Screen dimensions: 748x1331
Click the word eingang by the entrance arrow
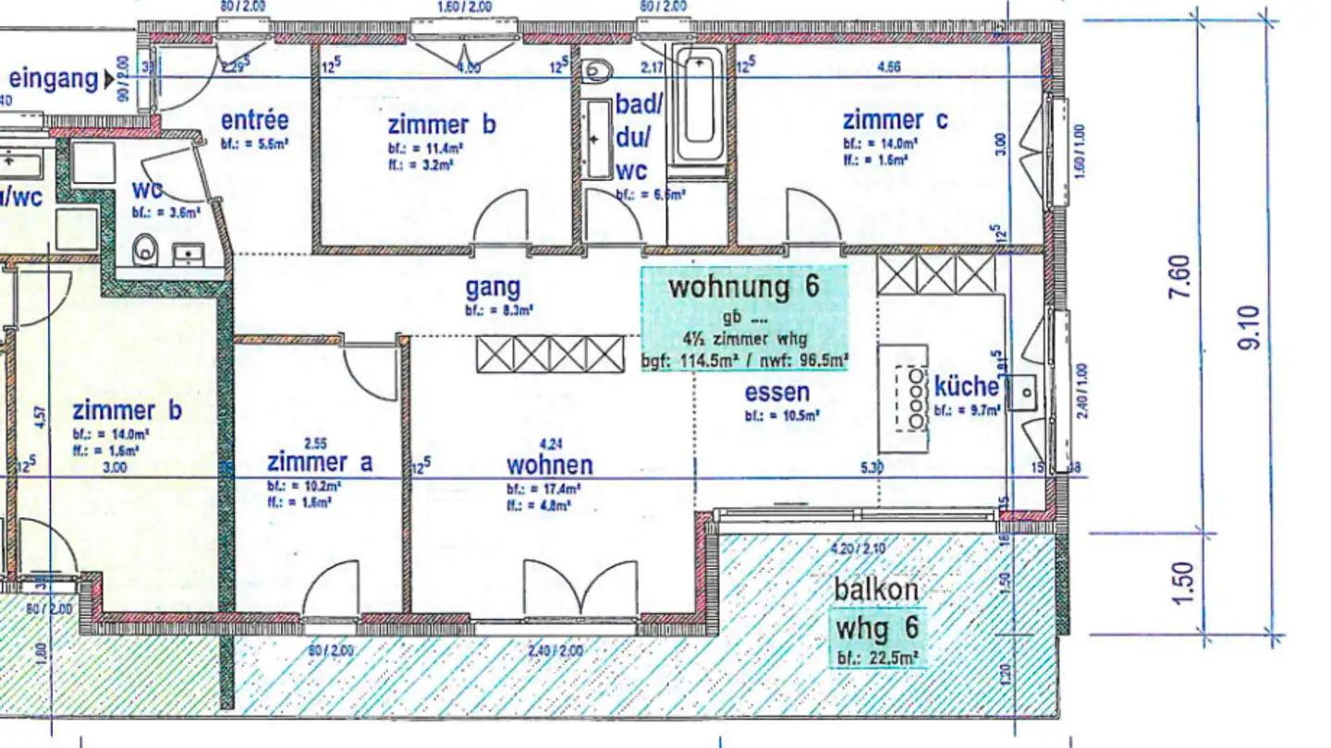[54, 78]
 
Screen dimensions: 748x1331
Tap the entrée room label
[254, 121]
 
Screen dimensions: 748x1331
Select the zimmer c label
[894, 120]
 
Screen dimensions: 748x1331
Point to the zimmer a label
[320, 462]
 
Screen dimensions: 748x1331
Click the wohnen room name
[549, 464]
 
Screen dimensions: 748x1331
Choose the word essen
[777, 392]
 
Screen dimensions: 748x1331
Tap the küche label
[966, 386]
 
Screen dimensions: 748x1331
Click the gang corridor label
[493, 288]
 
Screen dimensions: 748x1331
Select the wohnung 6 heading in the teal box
[744, 286]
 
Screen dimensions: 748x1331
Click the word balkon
[876, 589]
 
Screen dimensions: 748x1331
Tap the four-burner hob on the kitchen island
[914, 398]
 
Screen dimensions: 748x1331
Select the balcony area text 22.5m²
[889, 658]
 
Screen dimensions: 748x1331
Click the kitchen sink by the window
[1023, 392]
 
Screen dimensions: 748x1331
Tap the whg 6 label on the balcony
[877, 629]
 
